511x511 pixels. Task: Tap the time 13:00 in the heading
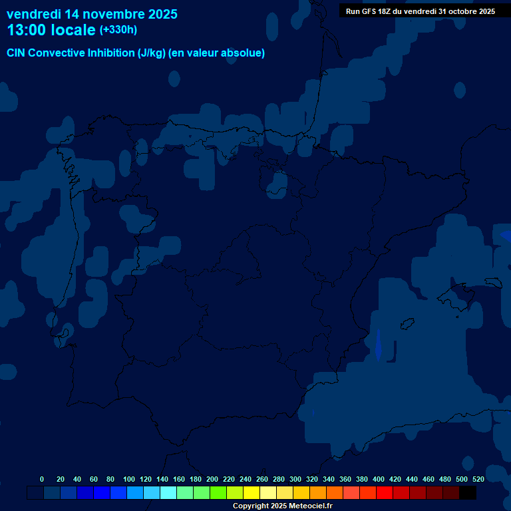pos(28,31)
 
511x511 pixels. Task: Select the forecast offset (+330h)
pos(118,30)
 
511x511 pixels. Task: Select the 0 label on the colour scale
pos(42,479)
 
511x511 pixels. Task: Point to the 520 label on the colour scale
pos(478,479)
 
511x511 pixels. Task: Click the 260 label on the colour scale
pos(261,479)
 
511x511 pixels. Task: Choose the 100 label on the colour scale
pos(129,479)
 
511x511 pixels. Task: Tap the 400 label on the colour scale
pos(378,479)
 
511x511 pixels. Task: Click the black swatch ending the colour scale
pos(468,493)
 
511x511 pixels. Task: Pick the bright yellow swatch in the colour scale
pos(252,493)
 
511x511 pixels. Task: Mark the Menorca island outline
pos(493,282)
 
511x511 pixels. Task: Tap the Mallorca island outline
pos(460,293)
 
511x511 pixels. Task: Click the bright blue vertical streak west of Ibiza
pos(378,345)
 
